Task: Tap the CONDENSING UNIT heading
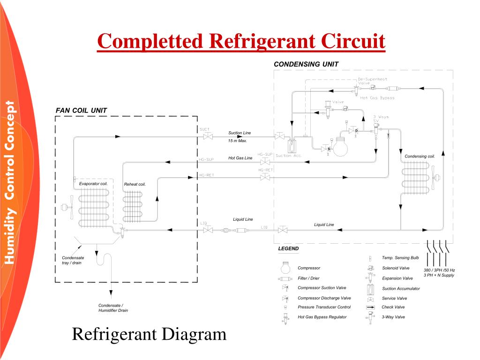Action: (x=306, y=64)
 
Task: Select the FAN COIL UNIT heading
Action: (x=82, y=111)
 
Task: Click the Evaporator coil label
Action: (x=93, y=184)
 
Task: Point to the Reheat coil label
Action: (x=135, y=184)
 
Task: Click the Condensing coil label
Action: (x=420, y=156)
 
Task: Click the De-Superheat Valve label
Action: (x=373, y=81)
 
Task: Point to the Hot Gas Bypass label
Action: (x=377, y=98)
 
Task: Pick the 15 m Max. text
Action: (x=237, y=141)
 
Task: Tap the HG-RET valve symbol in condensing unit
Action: (x=265, y=177)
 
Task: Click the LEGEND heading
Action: (x=288, y=248)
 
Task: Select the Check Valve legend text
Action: (x=393, y=307)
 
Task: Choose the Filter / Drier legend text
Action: (x=309, y=278)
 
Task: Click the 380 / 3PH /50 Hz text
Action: (x=439, y=270)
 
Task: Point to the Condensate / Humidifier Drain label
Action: (x=113, y=307)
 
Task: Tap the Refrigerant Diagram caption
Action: (x=149, y=334)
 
